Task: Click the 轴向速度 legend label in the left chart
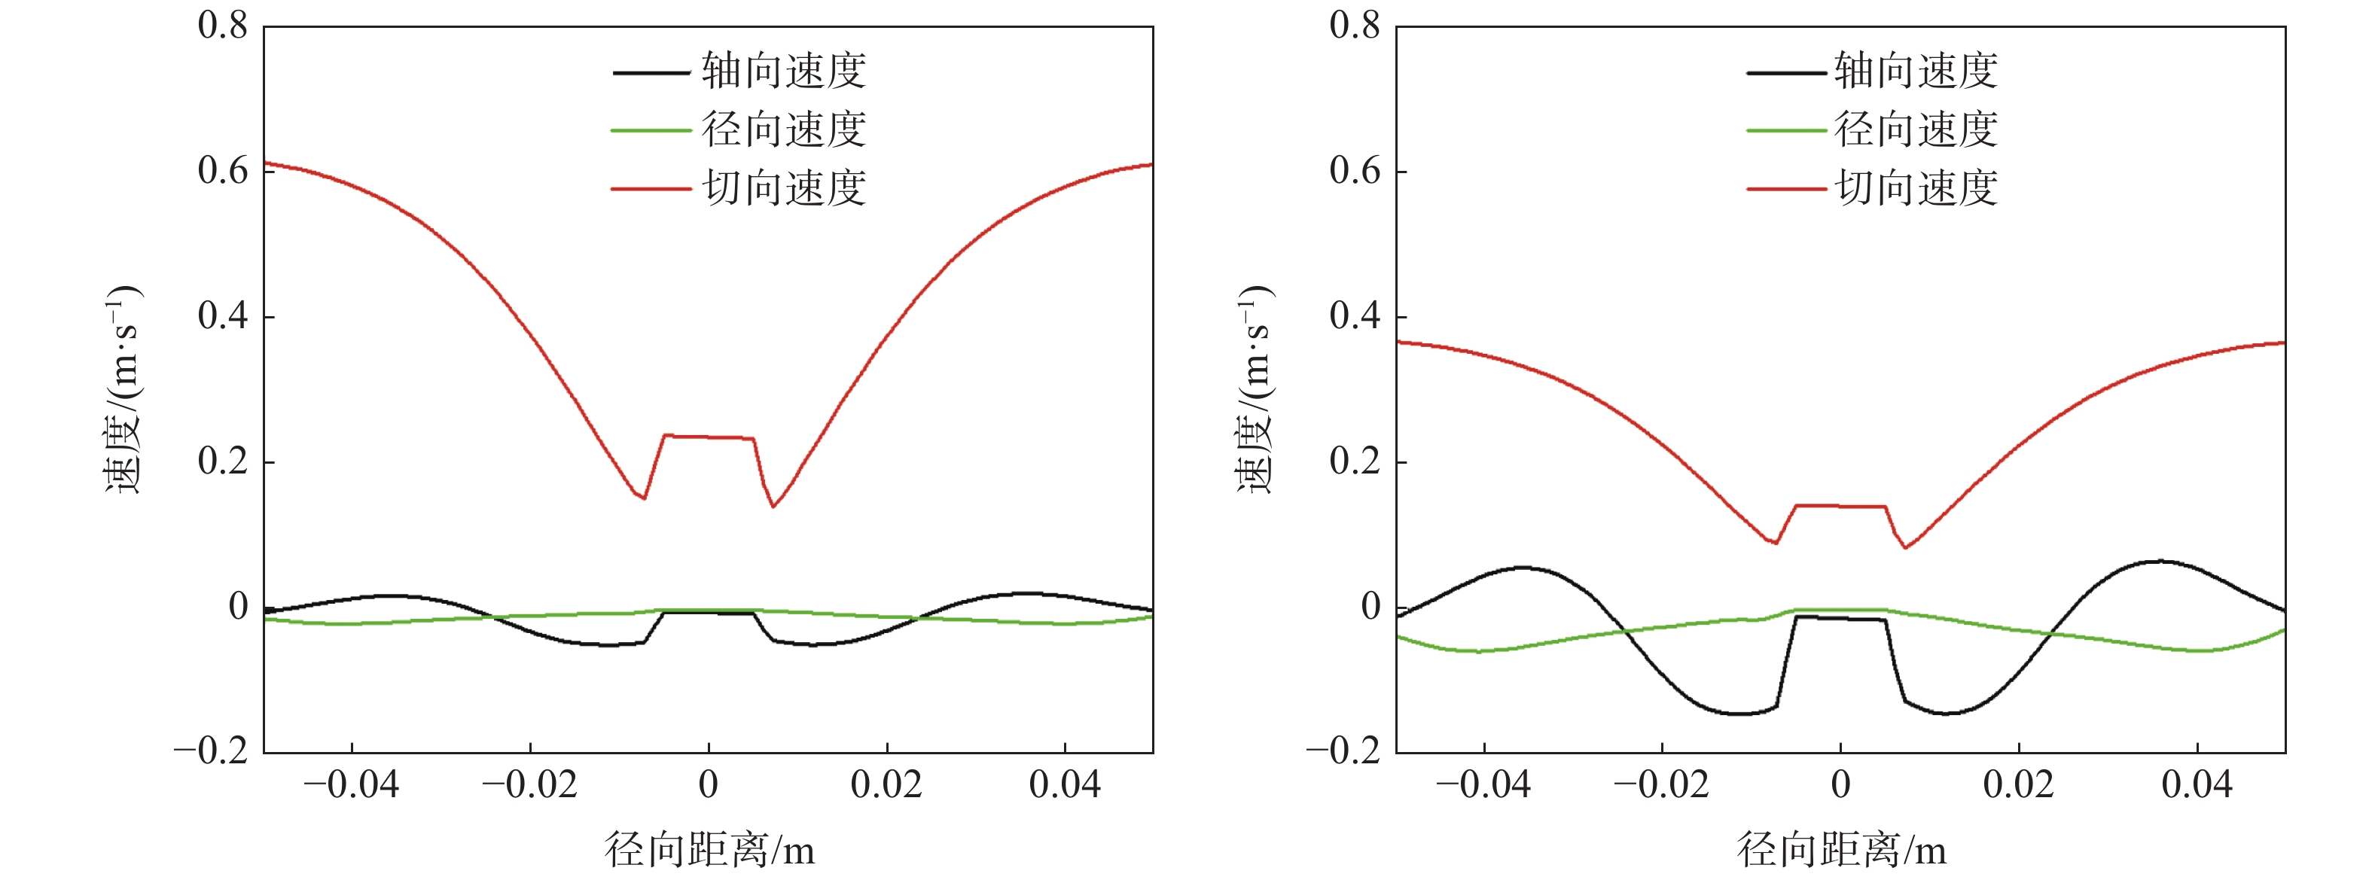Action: tap(784, 71)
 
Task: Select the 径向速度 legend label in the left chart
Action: tap(784, 129)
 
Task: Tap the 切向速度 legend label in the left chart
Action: tap(784, 187)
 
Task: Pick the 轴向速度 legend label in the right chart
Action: tap(1915, 71)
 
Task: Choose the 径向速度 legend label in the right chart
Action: tap(1915, 129)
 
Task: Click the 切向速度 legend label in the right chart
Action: tap(1915, 187)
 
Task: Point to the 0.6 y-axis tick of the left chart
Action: tap(223, 170)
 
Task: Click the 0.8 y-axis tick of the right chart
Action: tap(1355, 25)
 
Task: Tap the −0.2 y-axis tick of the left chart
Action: tap(212, 751)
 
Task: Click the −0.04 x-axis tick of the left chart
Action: tap(351, 785)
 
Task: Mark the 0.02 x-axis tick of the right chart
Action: tap(2018, 785)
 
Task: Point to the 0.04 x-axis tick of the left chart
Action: tap(1065, 785)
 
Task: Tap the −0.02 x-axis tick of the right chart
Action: tap(1661, 785)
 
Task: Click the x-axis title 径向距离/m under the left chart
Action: tap(709, 848)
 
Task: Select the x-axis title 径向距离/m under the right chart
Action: tap(1842, 848)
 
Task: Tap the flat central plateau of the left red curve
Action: tap(709, 437)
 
